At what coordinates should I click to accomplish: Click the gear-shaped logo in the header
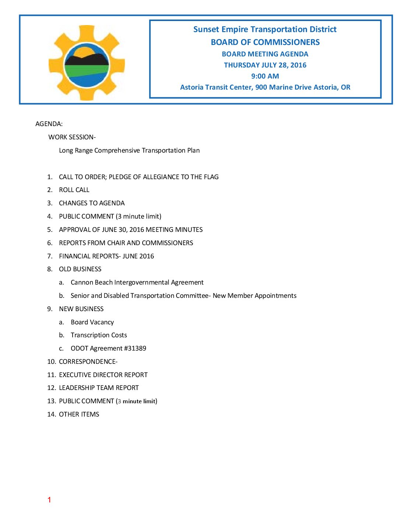[x=87, y=63]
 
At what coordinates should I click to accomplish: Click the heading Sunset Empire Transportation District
[x=265, y=29]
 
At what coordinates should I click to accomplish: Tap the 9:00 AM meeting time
[x=265, y=76]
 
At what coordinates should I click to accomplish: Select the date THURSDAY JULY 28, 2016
[x=265, y=65]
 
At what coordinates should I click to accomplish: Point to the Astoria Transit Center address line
[x=265, y=87]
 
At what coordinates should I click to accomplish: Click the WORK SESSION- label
[x=72, y=137]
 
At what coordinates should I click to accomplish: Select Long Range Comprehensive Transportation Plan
[x=129, y=150]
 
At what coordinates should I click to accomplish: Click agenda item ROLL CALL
[x=74, y=190]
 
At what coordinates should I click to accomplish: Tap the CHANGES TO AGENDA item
[x=92, y=203]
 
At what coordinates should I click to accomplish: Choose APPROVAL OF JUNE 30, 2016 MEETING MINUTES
[x=131, y=230]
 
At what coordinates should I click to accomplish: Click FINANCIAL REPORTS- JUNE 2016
[x=107, y=256]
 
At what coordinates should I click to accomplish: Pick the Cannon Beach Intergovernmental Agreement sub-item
[x=137, y=282]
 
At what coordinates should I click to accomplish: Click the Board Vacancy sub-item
[x=92, y=322]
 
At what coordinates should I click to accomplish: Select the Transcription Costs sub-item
[x=99, y=335]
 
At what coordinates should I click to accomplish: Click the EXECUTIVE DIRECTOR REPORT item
[x=103, y=375]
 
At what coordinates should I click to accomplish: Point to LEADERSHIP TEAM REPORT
[x=99, y=388]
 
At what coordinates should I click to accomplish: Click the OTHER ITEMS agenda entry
[x=79, y=414]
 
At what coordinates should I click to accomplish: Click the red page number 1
[x=49, y=500]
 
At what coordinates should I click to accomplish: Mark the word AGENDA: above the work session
[x=49, y=124]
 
